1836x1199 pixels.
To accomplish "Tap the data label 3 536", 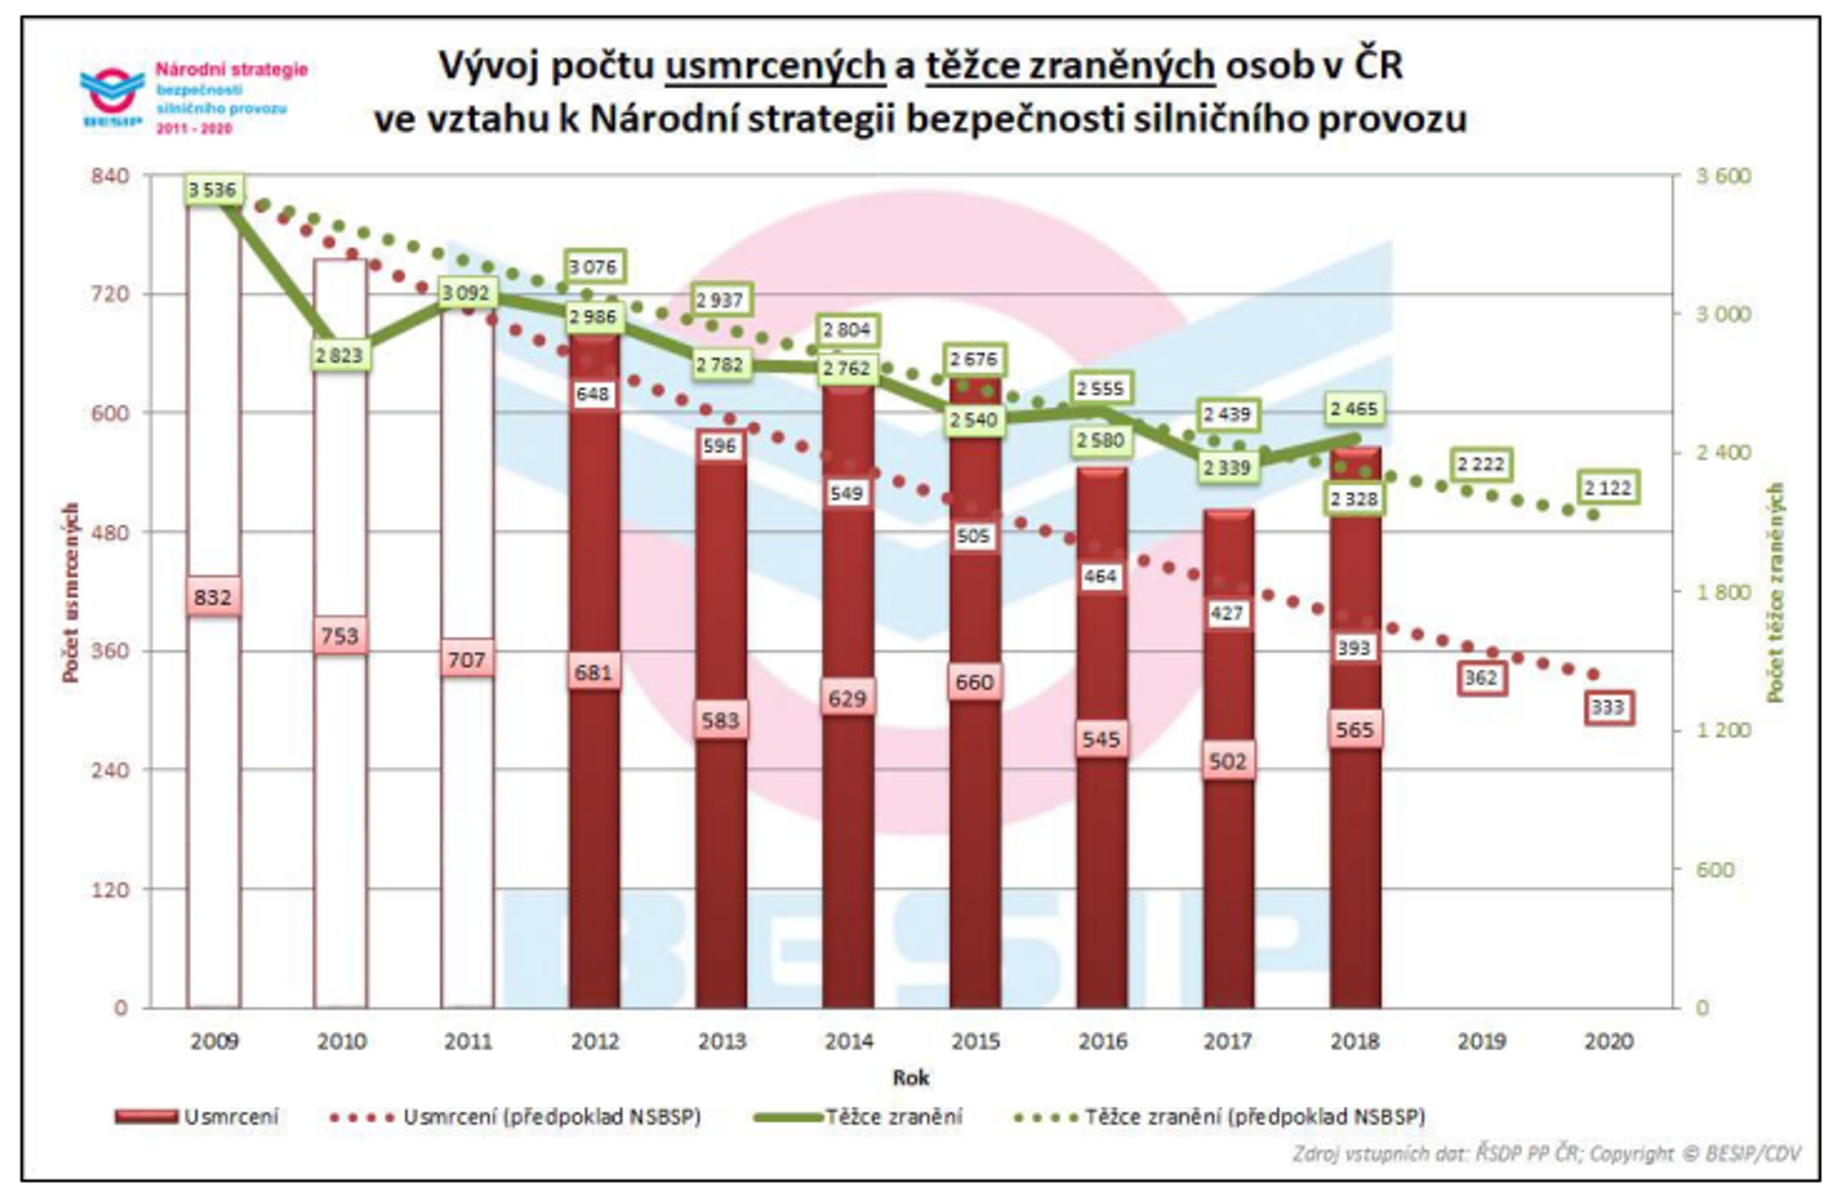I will (x=213, y=189).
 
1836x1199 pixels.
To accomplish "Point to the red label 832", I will (x=213, y=597).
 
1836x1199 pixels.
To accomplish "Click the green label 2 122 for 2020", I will (x=1608, y=487).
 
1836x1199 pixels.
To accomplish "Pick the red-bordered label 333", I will (x=1608, y=708).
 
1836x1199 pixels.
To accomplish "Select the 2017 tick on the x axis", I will (x=1227, y=1041).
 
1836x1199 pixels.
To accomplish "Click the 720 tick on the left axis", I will (x=109, y=294).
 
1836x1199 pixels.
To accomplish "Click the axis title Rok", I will (x=910, y=1078).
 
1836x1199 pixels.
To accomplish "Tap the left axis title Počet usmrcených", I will (x=71, y=591).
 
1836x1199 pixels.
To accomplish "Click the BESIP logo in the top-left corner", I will (x=112, y=96).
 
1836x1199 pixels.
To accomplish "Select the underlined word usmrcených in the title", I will (x=775, y=67).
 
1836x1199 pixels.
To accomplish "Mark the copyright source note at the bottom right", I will (x=1546, y=1155).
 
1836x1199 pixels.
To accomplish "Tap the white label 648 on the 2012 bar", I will (x=592, y=394).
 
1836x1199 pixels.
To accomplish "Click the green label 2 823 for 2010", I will (x=340, y=356).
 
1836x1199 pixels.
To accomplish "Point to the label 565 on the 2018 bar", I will (x=1355, y=729).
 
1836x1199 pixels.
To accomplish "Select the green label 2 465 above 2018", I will (x=1354, y=409).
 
